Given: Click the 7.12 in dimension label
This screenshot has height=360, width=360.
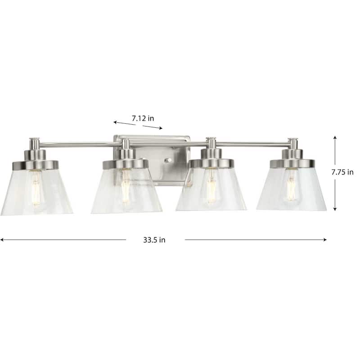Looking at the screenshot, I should click(143, 118).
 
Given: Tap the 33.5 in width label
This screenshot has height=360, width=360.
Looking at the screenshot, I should click(155, 240).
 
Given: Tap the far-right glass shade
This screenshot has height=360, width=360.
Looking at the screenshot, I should click(292, 189).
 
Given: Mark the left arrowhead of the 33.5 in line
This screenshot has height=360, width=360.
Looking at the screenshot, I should click(2, 240).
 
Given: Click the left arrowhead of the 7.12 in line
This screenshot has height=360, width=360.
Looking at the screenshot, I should click(115, 122).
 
